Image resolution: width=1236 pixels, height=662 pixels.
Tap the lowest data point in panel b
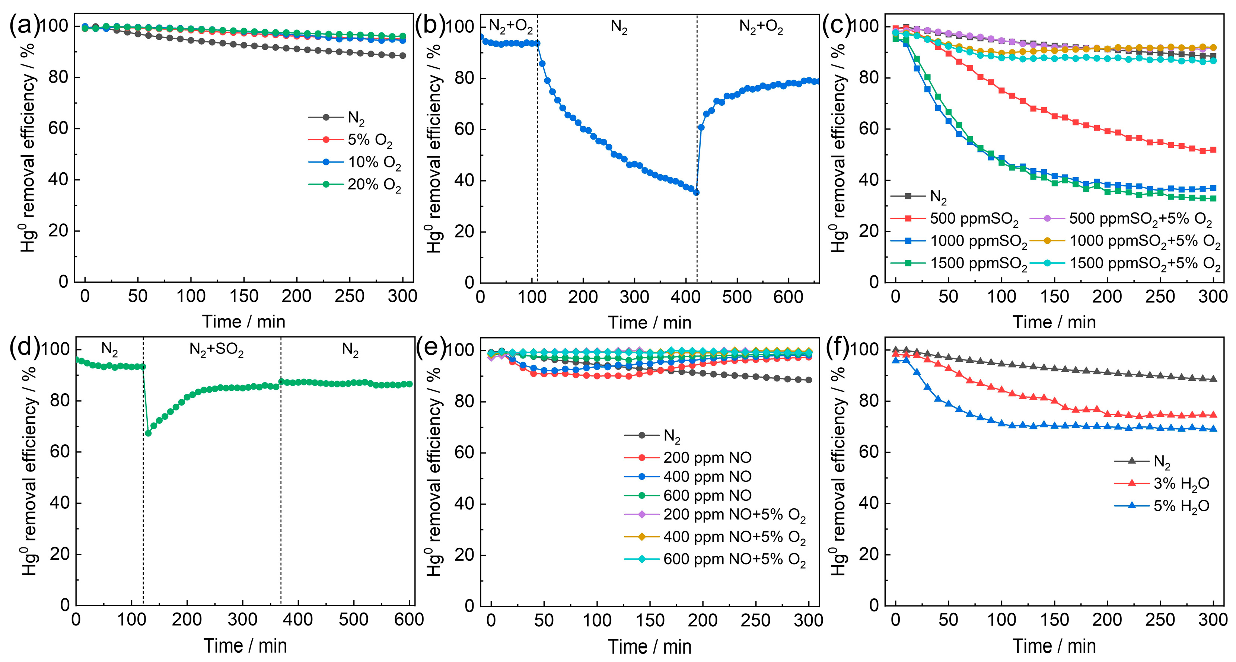coord(696,192)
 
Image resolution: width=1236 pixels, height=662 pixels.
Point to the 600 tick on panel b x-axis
coord(788,297)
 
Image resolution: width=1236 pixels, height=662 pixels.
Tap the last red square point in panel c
coord(1213,150)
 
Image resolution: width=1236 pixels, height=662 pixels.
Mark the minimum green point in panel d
coord(148,433)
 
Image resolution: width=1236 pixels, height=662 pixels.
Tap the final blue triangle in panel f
coord(1213,429)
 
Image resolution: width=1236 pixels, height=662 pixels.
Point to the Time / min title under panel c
coord(1054,322)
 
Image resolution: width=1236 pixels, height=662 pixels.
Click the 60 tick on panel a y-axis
coord(58,128)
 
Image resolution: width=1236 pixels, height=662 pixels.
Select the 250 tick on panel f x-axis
coord(1160,620)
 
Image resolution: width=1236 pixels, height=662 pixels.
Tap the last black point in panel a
coord(402,56)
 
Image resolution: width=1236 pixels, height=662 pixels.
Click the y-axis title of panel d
coord(30,470)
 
